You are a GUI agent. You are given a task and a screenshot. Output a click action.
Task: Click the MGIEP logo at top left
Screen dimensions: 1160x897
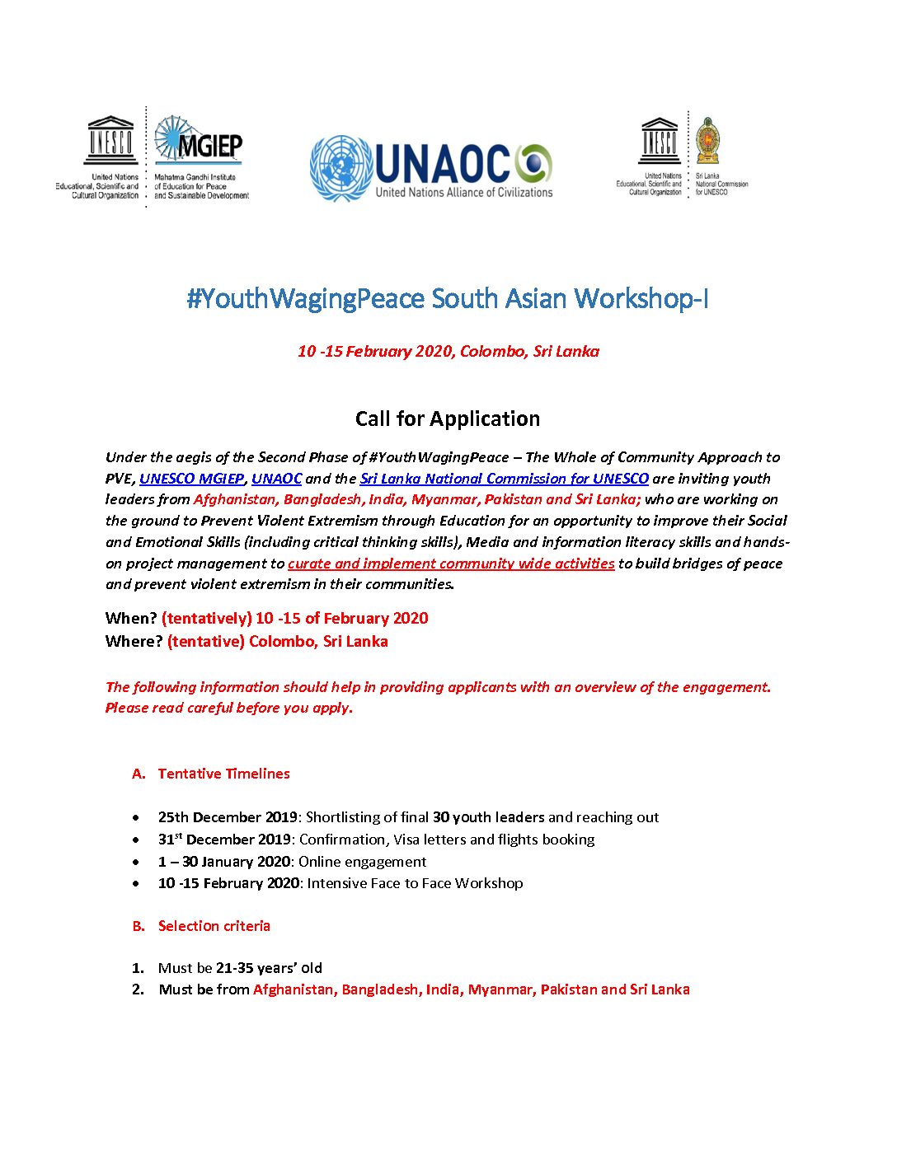point(199,141)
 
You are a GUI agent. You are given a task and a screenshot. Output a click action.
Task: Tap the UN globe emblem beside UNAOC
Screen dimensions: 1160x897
point(340,168)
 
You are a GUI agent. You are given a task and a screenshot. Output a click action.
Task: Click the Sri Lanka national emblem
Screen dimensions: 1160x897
point(707,141)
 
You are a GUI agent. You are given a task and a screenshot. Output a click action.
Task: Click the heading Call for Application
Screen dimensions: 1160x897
point(448,419)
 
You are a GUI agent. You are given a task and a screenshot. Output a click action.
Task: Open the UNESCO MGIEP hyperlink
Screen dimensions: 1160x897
point(192,479)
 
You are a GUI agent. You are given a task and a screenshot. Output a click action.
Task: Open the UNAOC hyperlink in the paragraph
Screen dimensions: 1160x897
point(276,479)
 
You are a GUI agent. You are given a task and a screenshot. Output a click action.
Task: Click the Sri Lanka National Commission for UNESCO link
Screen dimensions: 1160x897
point(504,479)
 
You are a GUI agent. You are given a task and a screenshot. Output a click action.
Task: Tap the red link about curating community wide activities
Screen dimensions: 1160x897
point(451,564)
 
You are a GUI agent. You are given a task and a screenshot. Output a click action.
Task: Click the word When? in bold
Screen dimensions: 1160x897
point(131,619)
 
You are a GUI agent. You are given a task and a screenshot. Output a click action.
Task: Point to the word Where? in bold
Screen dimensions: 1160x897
point(134,642)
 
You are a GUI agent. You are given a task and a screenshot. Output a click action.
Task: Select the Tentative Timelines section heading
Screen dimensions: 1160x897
point(223,774)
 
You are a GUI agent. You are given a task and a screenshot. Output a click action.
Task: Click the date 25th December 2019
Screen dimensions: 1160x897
point(228,817)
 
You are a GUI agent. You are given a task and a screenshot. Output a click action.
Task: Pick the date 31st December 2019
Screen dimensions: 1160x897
point(224,840)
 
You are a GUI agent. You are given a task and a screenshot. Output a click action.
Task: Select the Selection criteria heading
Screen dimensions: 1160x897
point(214,926)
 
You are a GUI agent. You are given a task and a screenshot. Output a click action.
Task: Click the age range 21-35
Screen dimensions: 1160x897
point(234,968)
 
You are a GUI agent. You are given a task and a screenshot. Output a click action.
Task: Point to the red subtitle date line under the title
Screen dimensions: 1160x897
point(448,352)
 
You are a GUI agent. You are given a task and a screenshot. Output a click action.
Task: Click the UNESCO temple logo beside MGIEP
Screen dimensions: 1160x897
point(110,141)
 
